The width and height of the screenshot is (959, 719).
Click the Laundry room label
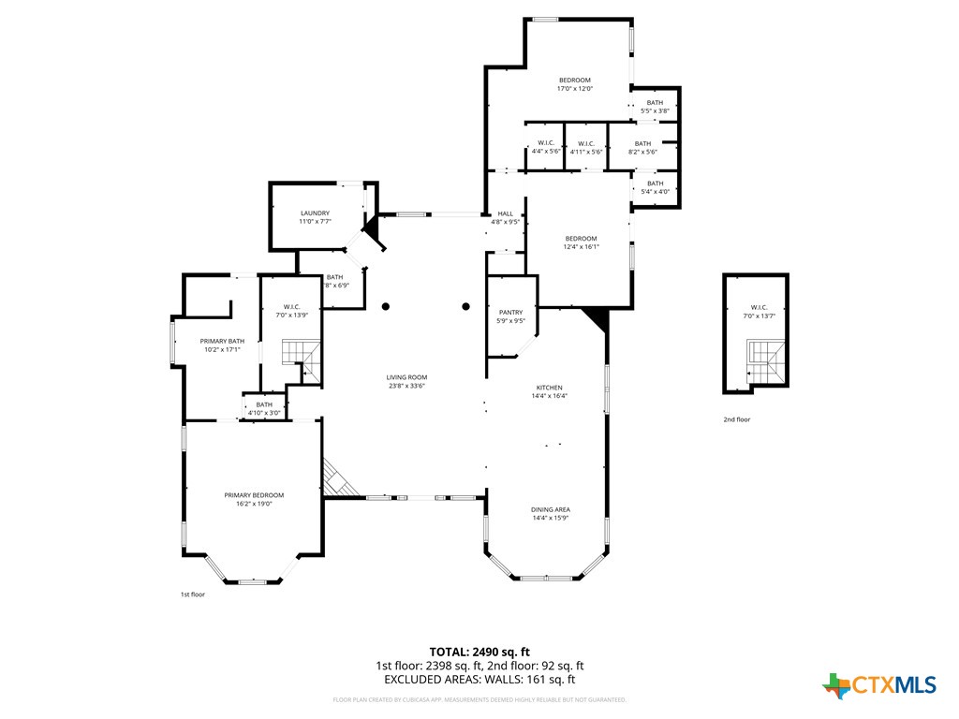[314, 213]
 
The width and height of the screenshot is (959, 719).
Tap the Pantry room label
[510, 313]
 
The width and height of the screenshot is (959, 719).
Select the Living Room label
[406, 377]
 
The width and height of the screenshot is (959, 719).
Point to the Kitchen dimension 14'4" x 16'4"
[549, 396]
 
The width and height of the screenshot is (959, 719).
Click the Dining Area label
[551, 509]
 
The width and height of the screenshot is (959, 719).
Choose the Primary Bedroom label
[253, 495]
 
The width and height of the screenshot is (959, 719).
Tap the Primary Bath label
[222, 341]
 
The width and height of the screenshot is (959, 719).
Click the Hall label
[505, 213]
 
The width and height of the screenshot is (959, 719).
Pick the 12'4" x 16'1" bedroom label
[581, 239]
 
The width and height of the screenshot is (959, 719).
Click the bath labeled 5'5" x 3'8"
[655, 103]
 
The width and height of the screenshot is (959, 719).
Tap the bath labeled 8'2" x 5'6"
[642, 143]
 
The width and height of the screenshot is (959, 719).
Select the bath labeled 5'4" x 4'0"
[655, 183]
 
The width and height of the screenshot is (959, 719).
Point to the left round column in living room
[385, 306]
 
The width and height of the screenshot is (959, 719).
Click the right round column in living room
[465, 306]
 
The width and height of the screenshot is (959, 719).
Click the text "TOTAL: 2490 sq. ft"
[479, 651]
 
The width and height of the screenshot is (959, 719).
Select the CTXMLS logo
[879, 685]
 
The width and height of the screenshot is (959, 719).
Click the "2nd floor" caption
[736, 419]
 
